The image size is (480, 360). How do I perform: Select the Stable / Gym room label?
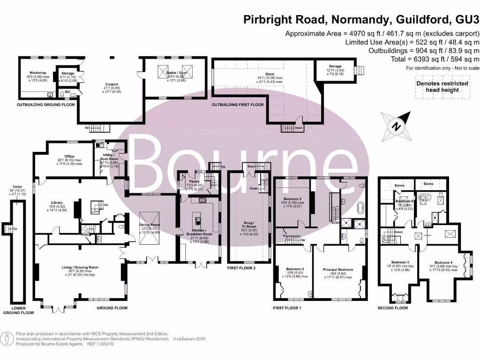174,73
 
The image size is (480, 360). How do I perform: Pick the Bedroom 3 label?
287,200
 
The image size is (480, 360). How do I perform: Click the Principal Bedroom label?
337,270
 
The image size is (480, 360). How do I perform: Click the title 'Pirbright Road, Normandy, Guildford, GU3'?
361,20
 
